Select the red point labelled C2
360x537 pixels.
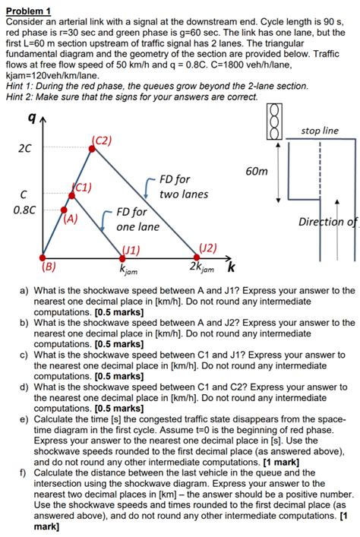[93, 148]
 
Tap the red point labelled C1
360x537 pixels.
[72, 195]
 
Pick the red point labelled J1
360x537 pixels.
[127, 257]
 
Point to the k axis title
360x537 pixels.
[232, 267]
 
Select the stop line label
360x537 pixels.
[320, 131]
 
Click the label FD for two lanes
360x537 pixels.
[183, 187]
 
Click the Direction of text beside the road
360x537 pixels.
[327, 223]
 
